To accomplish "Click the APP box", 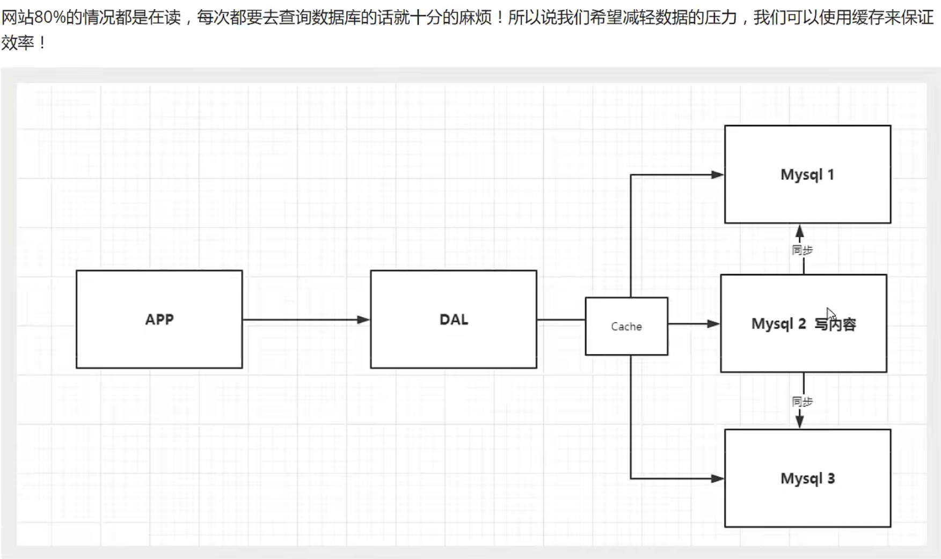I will [159, 319].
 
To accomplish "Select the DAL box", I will [453, 319].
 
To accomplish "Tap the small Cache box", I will [626, 326].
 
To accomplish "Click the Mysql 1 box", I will [807, 174].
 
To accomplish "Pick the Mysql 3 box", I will [807, 478].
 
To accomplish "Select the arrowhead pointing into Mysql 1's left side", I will [717, 174].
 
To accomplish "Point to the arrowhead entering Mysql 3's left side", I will [717, 479].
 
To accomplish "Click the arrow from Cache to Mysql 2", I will [692, 324].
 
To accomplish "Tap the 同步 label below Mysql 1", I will [802, 250].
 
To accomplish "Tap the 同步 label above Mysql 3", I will [802, 401].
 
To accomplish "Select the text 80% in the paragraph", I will [49, 18].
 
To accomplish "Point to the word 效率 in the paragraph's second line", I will [18, 42].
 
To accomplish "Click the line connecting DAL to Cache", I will [560, 320].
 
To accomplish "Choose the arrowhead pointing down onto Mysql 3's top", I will [799, 421].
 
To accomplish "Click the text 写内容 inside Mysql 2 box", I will [835, 324].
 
